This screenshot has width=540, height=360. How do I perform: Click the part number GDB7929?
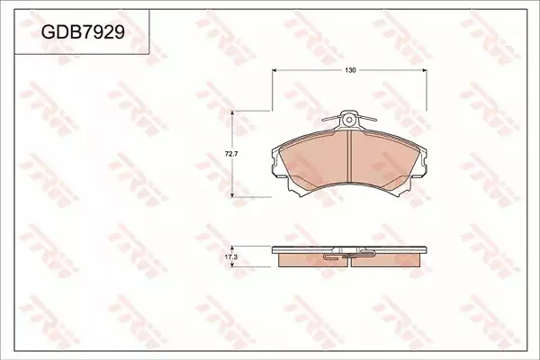83,32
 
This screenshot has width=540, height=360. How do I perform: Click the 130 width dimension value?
350,70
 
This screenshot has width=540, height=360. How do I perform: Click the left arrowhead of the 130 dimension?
274,70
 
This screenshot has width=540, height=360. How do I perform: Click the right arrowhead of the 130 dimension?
424,70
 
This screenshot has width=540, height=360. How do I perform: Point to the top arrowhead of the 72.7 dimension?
233,113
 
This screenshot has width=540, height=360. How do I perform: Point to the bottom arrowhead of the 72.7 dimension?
233,194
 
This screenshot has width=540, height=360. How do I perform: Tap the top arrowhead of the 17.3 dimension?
233,248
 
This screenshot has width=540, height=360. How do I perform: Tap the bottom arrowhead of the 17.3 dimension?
233,265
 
